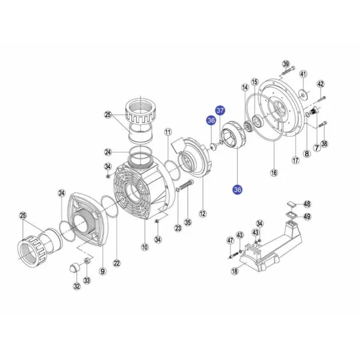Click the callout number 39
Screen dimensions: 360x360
coord(285,64)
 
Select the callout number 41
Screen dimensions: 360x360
coord(303,74)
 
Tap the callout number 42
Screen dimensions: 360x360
coord(320,84)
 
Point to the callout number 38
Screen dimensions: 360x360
coord(324,144)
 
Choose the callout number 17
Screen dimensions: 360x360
coord(294,161)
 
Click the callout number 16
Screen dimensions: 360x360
coord(274,173)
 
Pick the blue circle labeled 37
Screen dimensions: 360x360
coord(220,111)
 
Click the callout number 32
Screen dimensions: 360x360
coord(76,286)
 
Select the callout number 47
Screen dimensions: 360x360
coord(229,240)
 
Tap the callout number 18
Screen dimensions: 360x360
coord(234,270)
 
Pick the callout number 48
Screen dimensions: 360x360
coord(307,204)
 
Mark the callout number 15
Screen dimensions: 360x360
coord(254,82)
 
